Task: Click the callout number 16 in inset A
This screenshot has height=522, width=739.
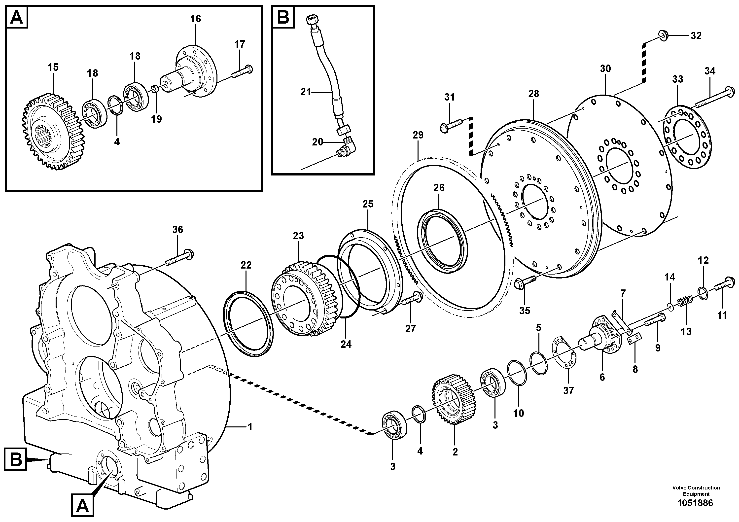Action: coord(195,19)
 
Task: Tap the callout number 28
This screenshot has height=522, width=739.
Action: coord(533,94)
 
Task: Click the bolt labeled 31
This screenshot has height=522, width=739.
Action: coord(451,125)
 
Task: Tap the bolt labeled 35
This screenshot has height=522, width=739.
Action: coord(524,281)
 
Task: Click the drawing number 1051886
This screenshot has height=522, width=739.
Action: coord(696,512)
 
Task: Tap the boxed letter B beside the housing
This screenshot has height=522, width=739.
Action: coord(15,460)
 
